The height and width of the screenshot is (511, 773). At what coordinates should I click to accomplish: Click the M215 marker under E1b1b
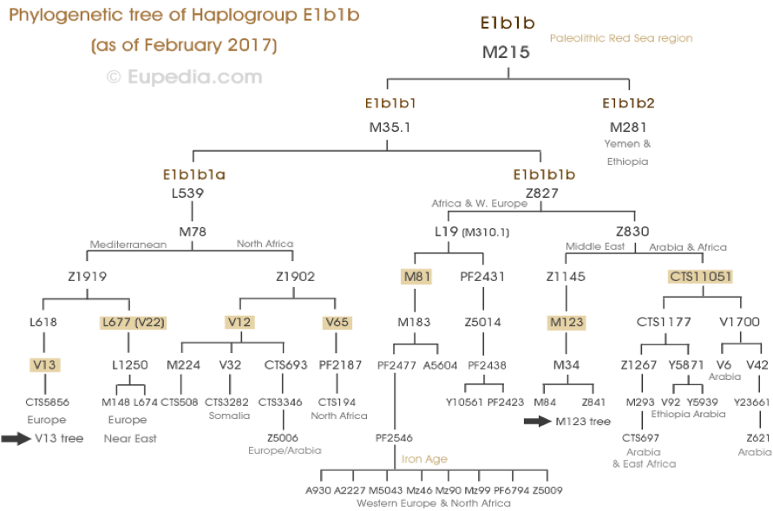point(506,52)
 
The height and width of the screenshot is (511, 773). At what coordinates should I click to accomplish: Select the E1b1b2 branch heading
point(628,103)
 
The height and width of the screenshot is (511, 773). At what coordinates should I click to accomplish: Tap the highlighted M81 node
point(417,277)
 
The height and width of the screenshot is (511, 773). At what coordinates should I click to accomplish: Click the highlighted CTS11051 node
point(700,277)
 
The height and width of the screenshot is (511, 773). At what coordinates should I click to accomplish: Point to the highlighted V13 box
point(44,364)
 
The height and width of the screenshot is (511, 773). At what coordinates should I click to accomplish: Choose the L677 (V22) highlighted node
point(133,322)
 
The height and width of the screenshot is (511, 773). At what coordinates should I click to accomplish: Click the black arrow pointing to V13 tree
point(16,438)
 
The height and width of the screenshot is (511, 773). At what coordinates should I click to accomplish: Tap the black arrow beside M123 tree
point(537,422)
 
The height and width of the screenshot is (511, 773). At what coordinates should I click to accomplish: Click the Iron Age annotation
point(424,459)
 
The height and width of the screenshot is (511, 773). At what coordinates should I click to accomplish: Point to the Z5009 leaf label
point(547,490)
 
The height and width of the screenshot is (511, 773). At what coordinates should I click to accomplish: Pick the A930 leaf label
point(318,490)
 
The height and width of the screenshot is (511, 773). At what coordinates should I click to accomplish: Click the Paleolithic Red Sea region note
point(621,38)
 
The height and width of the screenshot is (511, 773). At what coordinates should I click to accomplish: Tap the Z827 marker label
point(541,193)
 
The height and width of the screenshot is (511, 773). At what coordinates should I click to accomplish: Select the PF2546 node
point(394,437)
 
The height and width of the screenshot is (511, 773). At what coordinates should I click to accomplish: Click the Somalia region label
point(229,416)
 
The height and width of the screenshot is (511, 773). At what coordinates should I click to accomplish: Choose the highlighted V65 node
point(337,322)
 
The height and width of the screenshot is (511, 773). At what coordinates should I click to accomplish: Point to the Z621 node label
point(758,437)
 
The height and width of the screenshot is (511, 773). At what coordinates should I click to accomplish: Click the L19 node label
point(446,231)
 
